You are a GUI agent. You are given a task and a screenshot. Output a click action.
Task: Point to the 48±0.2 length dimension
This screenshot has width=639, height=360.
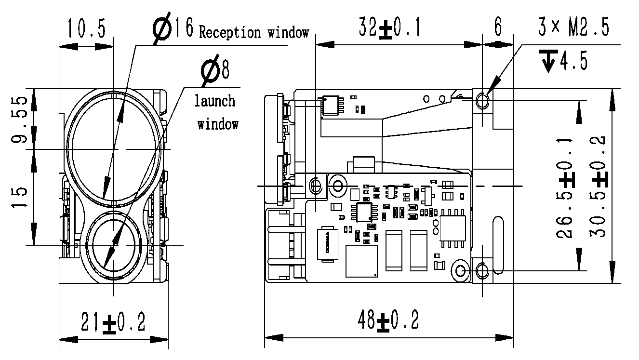(x=388, y=320)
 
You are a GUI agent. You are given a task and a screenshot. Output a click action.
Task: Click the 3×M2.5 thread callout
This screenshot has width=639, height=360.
(x=573, y=28)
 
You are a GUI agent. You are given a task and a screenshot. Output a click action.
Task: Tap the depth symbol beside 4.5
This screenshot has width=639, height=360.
(x=549, y=61)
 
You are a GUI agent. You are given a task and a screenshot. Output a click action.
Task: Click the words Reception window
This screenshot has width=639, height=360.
(x=254, y=33)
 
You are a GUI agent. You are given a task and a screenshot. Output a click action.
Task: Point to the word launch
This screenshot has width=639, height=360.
(x=215, y=101)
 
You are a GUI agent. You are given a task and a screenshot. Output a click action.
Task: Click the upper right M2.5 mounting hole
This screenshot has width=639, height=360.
(x=482, y=100)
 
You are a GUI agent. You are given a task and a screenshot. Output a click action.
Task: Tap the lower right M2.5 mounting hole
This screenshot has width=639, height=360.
(x=482, y=270)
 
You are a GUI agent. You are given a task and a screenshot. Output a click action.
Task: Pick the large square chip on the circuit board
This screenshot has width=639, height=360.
(x=361, y=262)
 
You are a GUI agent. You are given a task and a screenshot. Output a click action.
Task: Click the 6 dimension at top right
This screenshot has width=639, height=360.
(x=498, y=28)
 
